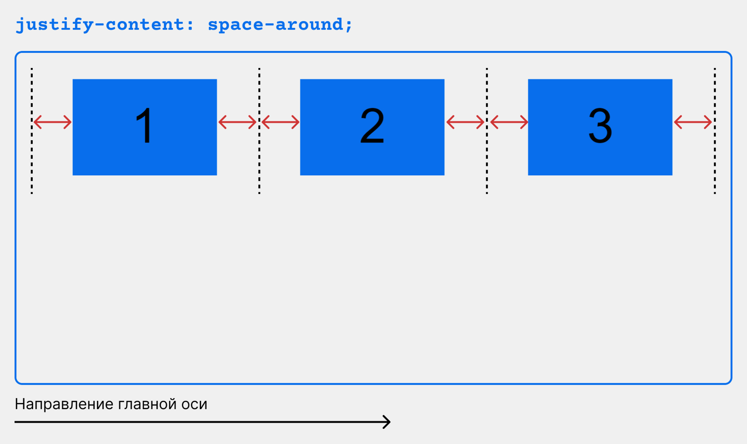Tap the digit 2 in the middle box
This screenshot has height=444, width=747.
coord(372,125)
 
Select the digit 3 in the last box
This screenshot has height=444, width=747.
coord(600,125)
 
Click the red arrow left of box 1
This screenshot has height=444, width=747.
coord(52,122)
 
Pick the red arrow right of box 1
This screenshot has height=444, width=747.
coord(237,122)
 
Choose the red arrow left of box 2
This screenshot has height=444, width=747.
coord(281,122)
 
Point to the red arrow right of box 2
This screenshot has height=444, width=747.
coord(465,122)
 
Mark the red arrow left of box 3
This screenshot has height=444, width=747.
coord(509,122)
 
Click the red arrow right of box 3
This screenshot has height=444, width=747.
coord(693,122)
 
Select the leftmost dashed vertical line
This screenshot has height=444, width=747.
coord(32,131)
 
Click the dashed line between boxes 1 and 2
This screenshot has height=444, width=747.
coord(259,131)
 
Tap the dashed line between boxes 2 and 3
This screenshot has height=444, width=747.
coord(487,131)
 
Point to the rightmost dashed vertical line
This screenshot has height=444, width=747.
coord(715,131)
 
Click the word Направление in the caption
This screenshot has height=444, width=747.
coord(64,404)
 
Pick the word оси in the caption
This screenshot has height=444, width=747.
coord(194,404)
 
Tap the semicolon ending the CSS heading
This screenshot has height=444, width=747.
coord(349,26)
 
